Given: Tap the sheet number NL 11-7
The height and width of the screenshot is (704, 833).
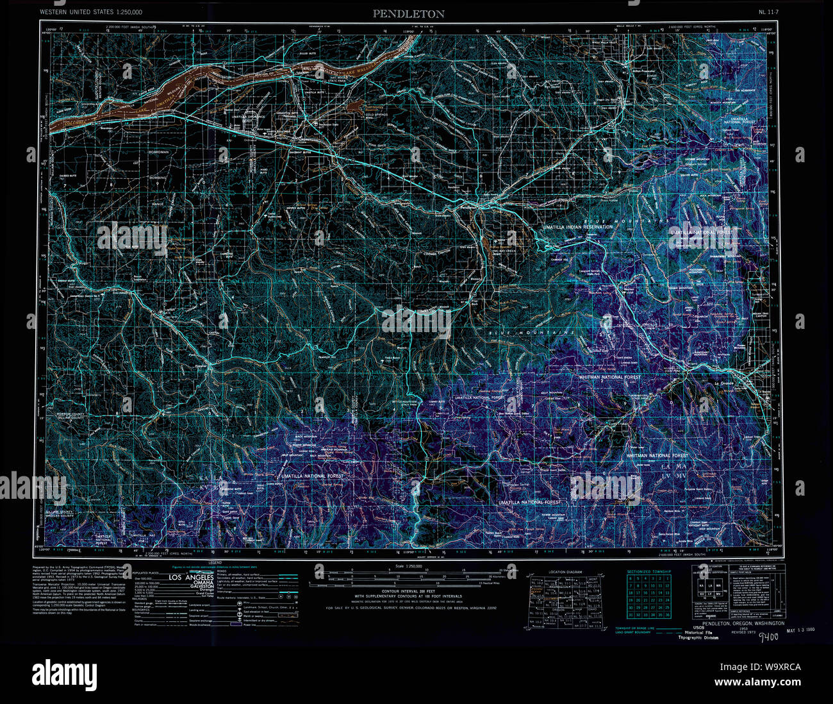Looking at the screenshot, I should pos(768,12).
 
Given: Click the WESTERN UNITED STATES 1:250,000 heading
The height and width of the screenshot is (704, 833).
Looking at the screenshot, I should pos(90,12).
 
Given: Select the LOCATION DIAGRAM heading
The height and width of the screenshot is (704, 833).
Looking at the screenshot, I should pos(566,571).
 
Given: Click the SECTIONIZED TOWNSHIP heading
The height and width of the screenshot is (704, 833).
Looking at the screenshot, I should pos(648,571).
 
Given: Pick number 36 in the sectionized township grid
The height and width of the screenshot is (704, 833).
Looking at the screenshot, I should pos(668,614).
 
